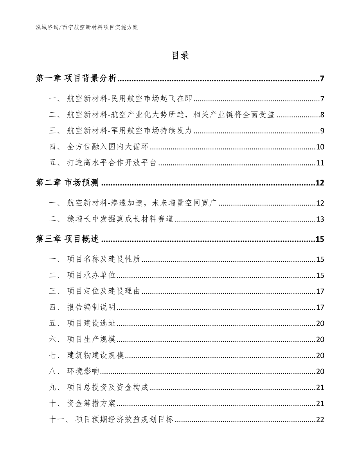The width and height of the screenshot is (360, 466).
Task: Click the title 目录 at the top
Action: click(x=180, y=56)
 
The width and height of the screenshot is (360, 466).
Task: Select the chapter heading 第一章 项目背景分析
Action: click(x=76, y=79)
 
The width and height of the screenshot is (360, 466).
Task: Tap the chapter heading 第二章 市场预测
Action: click(x=67, y=183)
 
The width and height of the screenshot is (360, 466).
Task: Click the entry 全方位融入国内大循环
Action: click(x=108, y=147)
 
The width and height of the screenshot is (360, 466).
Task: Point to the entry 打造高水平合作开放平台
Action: click(x=112, y=163)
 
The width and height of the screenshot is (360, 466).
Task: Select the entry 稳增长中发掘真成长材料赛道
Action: click(x=120, y=219)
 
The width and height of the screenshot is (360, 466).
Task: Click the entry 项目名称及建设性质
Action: click(x=103, y=259)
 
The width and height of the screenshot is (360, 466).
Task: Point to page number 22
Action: click(x=320, y=420)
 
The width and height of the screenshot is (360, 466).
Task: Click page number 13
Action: click(x=320, y=219)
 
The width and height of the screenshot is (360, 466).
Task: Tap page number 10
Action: click(x=320, y=147)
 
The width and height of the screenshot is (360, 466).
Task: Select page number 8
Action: click(x=322, y=115)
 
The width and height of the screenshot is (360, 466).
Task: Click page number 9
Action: click(x=322, y=131)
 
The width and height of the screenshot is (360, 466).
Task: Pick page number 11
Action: click(x=320, y=163)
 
